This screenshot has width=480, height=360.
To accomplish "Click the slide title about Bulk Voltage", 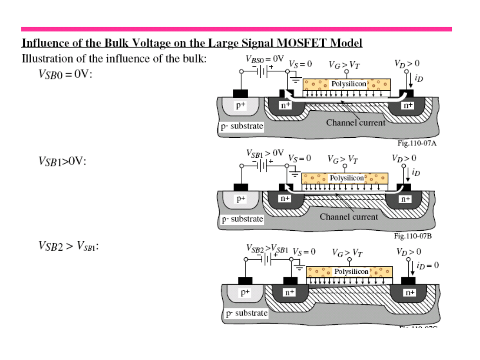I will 192,43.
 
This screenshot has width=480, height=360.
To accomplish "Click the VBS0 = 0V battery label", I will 264,58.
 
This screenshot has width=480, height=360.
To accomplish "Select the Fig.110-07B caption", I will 413,236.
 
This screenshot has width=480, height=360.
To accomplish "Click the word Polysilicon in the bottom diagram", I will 351,271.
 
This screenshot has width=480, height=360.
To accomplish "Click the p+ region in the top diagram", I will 240,105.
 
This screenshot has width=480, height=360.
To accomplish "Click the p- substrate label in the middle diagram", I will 243,219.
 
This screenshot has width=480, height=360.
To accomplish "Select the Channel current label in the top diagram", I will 356,122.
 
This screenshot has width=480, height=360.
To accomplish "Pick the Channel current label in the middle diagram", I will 349,217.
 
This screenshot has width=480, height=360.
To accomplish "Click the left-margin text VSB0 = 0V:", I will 65,74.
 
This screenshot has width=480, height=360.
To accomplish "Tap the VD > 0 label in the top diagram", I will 407,64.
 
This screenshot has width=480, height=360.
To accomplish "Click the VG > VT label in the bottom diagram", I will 347,253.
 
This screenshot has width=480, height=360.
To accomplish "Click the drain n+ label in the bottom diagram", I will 409,292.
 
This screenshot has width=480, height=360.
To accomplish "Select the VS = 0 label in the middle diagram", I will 299,158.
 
